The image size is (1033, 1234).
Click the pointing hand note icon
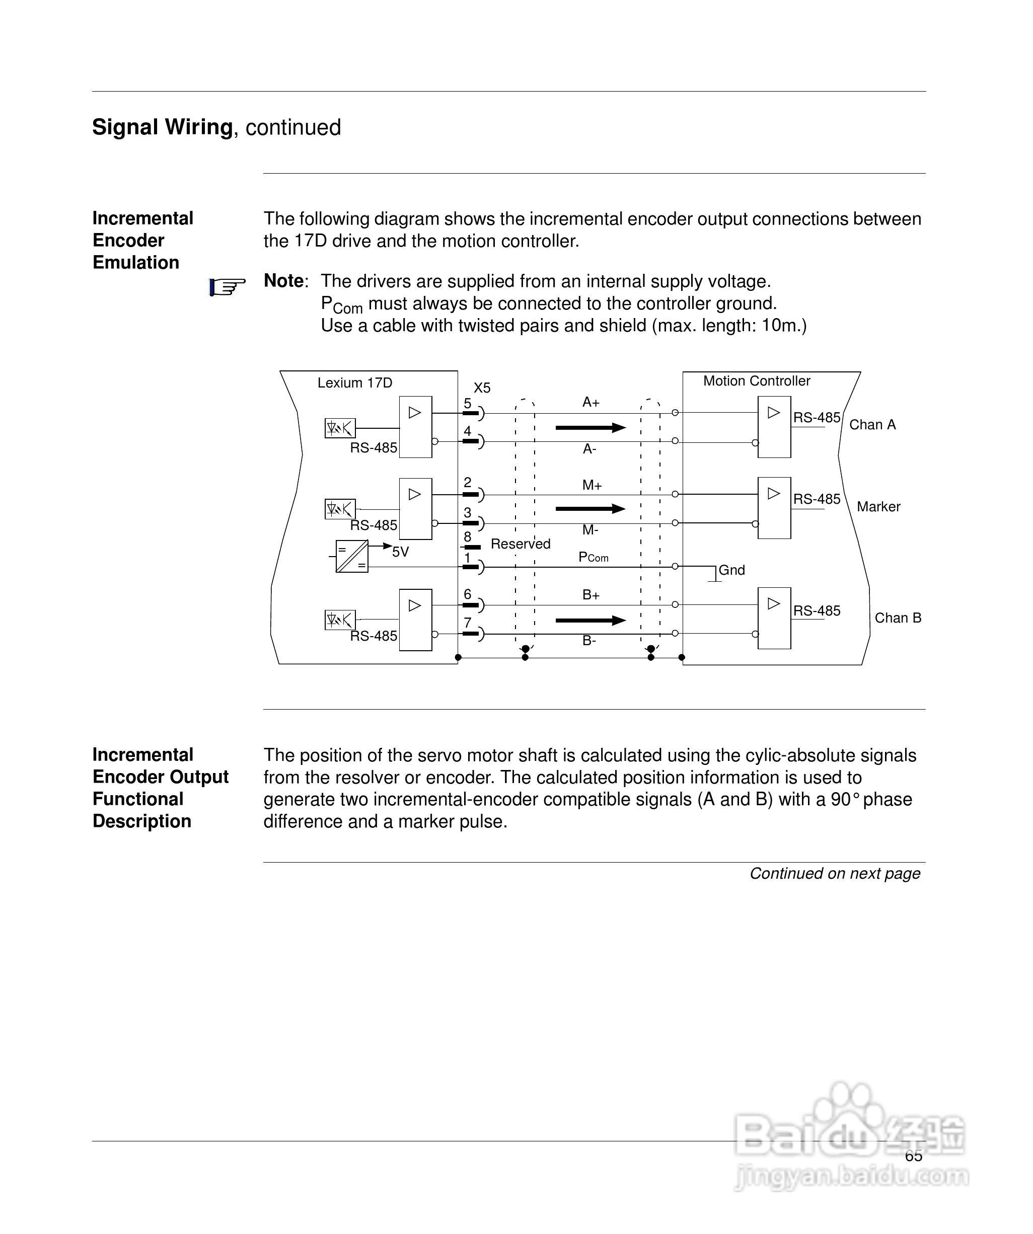(227, 287)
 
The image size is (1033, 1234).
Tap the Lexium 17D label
(354, 383)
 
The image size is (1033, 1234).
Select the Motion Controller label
(757, 381)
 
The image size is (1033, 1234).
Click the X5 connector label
(482, 388)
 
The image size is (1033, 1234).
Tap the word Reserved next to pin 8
(521, 544)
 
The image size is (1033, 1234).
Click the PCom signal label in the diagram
(593, 557)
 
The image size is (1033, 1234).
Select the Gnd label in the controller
(731, 570)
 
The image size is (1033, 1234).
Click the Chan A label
(872, 425)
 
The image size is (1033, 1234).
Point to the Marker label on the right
(878, 506)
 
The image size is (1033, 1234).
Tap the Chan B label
(898, 618)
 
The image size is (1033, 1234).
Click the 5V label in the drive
(400, 552)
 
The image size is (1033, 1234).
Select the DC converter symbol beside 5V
(351, 556)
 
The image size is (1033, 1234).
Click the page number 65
(914, 1156)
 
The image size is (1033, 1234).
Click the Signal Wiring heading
(216, 127)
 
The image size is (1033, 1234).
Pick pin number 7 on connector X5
(467, 623)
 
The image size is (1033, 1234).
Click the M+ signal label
(592, 485)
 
